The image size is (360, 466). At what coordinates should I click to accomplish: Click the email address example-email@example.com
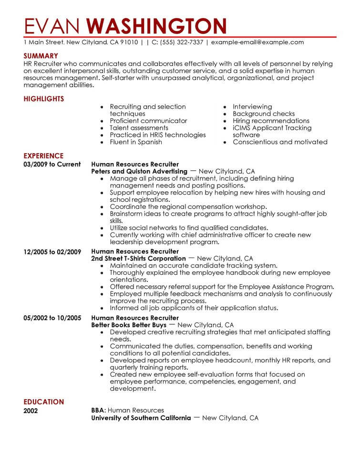click(x=257, y=42)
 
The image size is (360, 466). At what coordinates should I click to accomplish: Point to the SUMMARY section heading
click(x=41, y=56)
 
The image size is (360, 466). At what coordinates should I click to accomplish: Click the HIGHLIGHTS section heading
click(x=43, y=99)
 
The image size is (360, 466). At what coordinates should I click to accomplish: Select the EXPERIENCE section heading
click(x=43, y=155)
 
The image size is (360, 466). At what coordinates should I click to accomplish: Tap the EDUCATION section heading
click(x=43, y=402)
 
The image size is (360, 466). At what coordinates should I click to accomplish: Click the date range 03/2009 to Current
click(x=49, y=164)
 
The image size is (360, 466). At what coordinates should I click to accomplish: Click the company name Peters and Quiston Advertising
click(x=139, y=171)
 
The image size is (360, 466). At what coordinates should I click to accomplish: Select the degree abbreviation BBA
click(x=98, y=410)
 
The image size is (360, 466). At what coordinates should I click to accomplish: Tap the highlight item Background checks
click(x=264, y=114)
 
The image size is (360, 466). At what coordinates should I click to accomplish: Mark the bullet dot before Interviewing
click(x=224, y=107)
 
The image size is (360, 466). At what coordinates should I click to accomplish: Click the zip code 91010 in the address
click(x=129, y=42)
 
